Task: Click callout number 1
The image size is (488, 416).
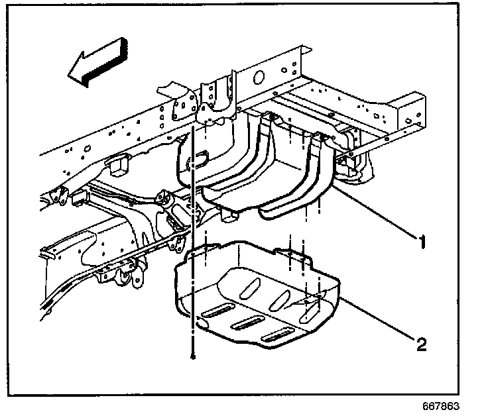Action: (x=422, y=242)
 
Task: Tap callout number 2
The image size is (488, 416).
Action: (x=422, y=344)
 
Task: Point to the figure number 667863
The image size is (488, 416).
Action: (x=441, y=406)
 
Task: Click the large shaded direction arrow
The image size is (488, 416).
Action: (x=97, y=62)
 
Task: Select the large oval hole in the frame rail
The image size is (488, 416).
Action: (x=259, y=77)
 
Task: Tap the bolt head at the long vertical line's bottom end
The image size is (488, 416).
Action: (x=193, y=357)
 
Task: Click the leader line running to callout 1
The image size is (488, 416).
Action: (x=375, y=212)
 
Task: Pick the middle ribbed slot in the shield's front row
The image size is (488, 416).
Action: (x=248, y=323)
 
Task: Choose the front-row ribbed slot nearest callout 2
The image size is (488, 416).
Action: (x=278, y=335)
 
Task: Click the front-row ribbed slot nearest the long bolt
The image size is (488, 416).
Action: (x=218, y=310)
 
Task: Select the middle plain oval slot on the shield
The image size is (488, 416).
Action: (x=280, y=301)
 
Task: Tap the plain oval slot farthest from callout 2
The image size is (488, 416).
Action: (x=250, y=289)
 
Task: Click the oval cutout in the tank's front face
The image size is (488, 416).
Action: (x=198, y=160)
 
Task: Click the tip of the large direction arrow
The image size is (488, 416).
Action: (x=68, y=76)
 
